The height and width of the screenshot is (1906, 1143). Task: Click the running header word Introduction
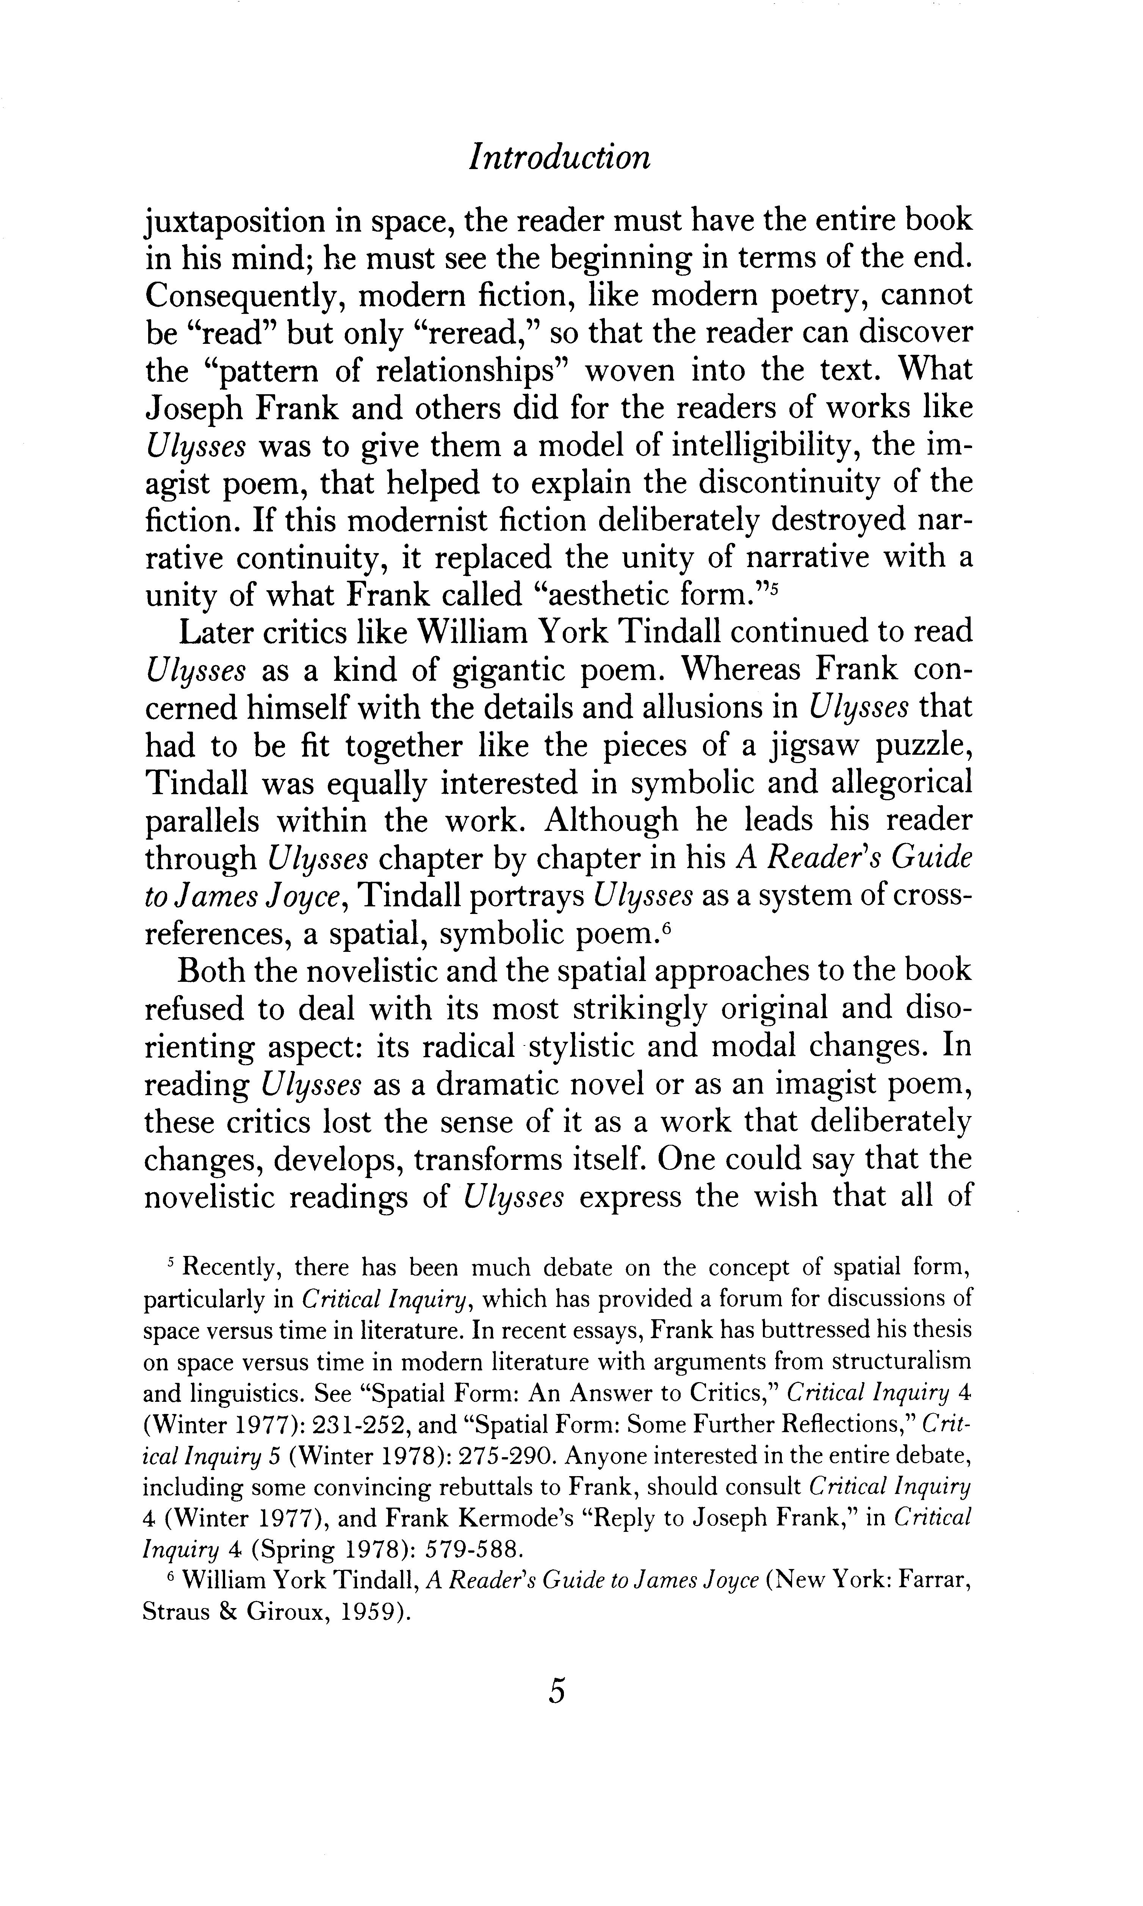pyautogui.click(x=560, y=158)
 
